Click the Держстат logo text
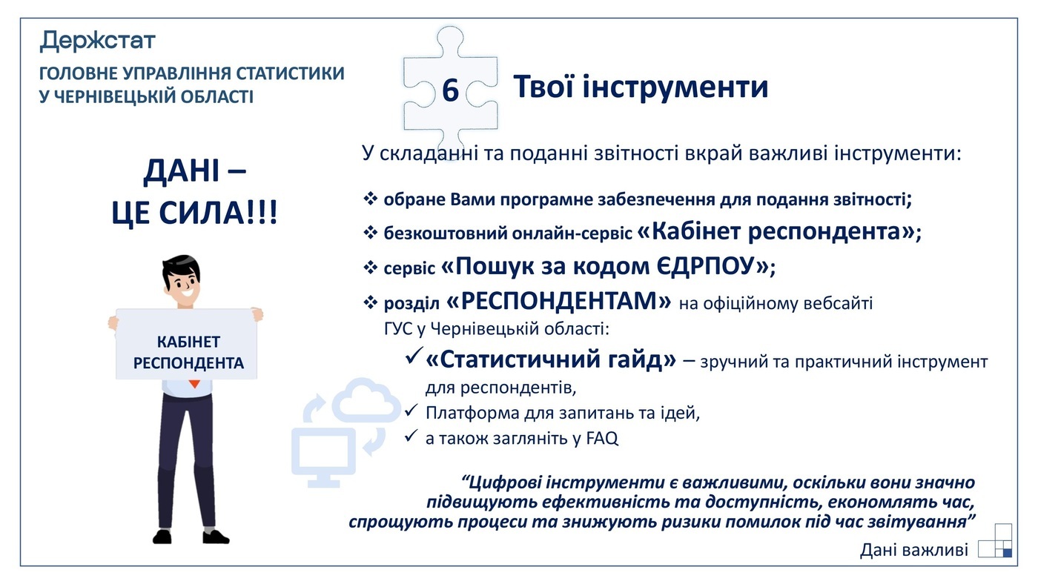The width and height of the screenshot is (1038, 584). [97, 40]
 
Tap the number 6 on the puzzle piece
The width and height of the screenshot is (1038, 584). [450, 91]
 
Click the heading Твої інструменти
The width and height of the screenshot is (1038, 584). [641, 87]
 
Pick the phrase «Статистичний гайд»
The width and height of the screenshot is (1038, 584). [551, 360]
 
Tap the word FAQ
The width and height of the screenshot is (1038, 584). [601, 438]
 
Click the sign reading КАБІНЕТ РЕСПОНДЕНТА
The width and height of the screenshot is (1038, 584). [188, 352]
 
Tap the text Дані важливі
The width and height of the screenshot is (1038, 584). [913, 550]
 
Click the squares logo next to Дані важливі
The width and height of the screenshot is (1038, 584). [995, 541]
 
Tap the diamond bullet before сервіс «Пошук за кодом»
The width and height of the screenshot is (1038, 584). [371, 267]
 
